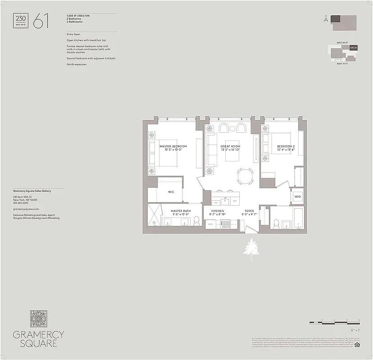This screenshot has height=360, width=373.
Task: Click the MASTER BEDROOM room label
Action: pyautogui.click(x=173, y=146)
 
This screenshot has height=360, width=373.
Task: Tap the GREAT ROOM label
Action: pyautogui.click(x=230, y=146)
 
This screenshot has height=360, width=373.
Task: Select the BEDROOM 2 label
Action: pyautogui.click(x=286, y=146)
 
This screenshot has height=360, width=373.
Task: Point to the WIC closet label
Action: pyautogui.click(x=171, y=192)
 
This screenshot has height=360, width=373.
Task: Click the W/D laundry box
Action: pyautogui.click(x=297, y=197)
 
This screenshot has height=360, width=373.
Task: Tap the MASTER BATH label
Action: pyautogui.click(x=180, y=211)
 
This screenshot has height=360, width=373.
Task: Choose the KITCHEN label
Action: pyautogui.click(x=218, y=211)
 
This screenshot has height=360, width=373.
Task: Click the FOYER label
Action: pyautogui.click(x=250, y=211)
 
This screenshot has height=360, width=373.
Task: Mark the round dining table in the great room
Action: pyautogui.click(x=245, y=175)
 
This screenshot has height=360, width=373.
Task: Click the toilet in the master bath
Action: pyautogui.click(x=197, y=221)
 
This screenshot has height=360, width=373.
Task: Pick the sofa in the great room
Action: pyautogui.click(x=210, y=148)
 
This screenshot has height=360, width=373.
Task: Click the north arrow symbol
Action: pyautogui.click(x=325, y=19)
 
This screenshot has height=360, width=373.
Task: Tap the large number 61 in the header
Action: pyautogui.click(x=41, y=21)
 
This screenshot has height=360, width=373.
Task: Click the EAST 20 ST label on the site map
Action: pyautogui.click(x=343, y=43)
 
